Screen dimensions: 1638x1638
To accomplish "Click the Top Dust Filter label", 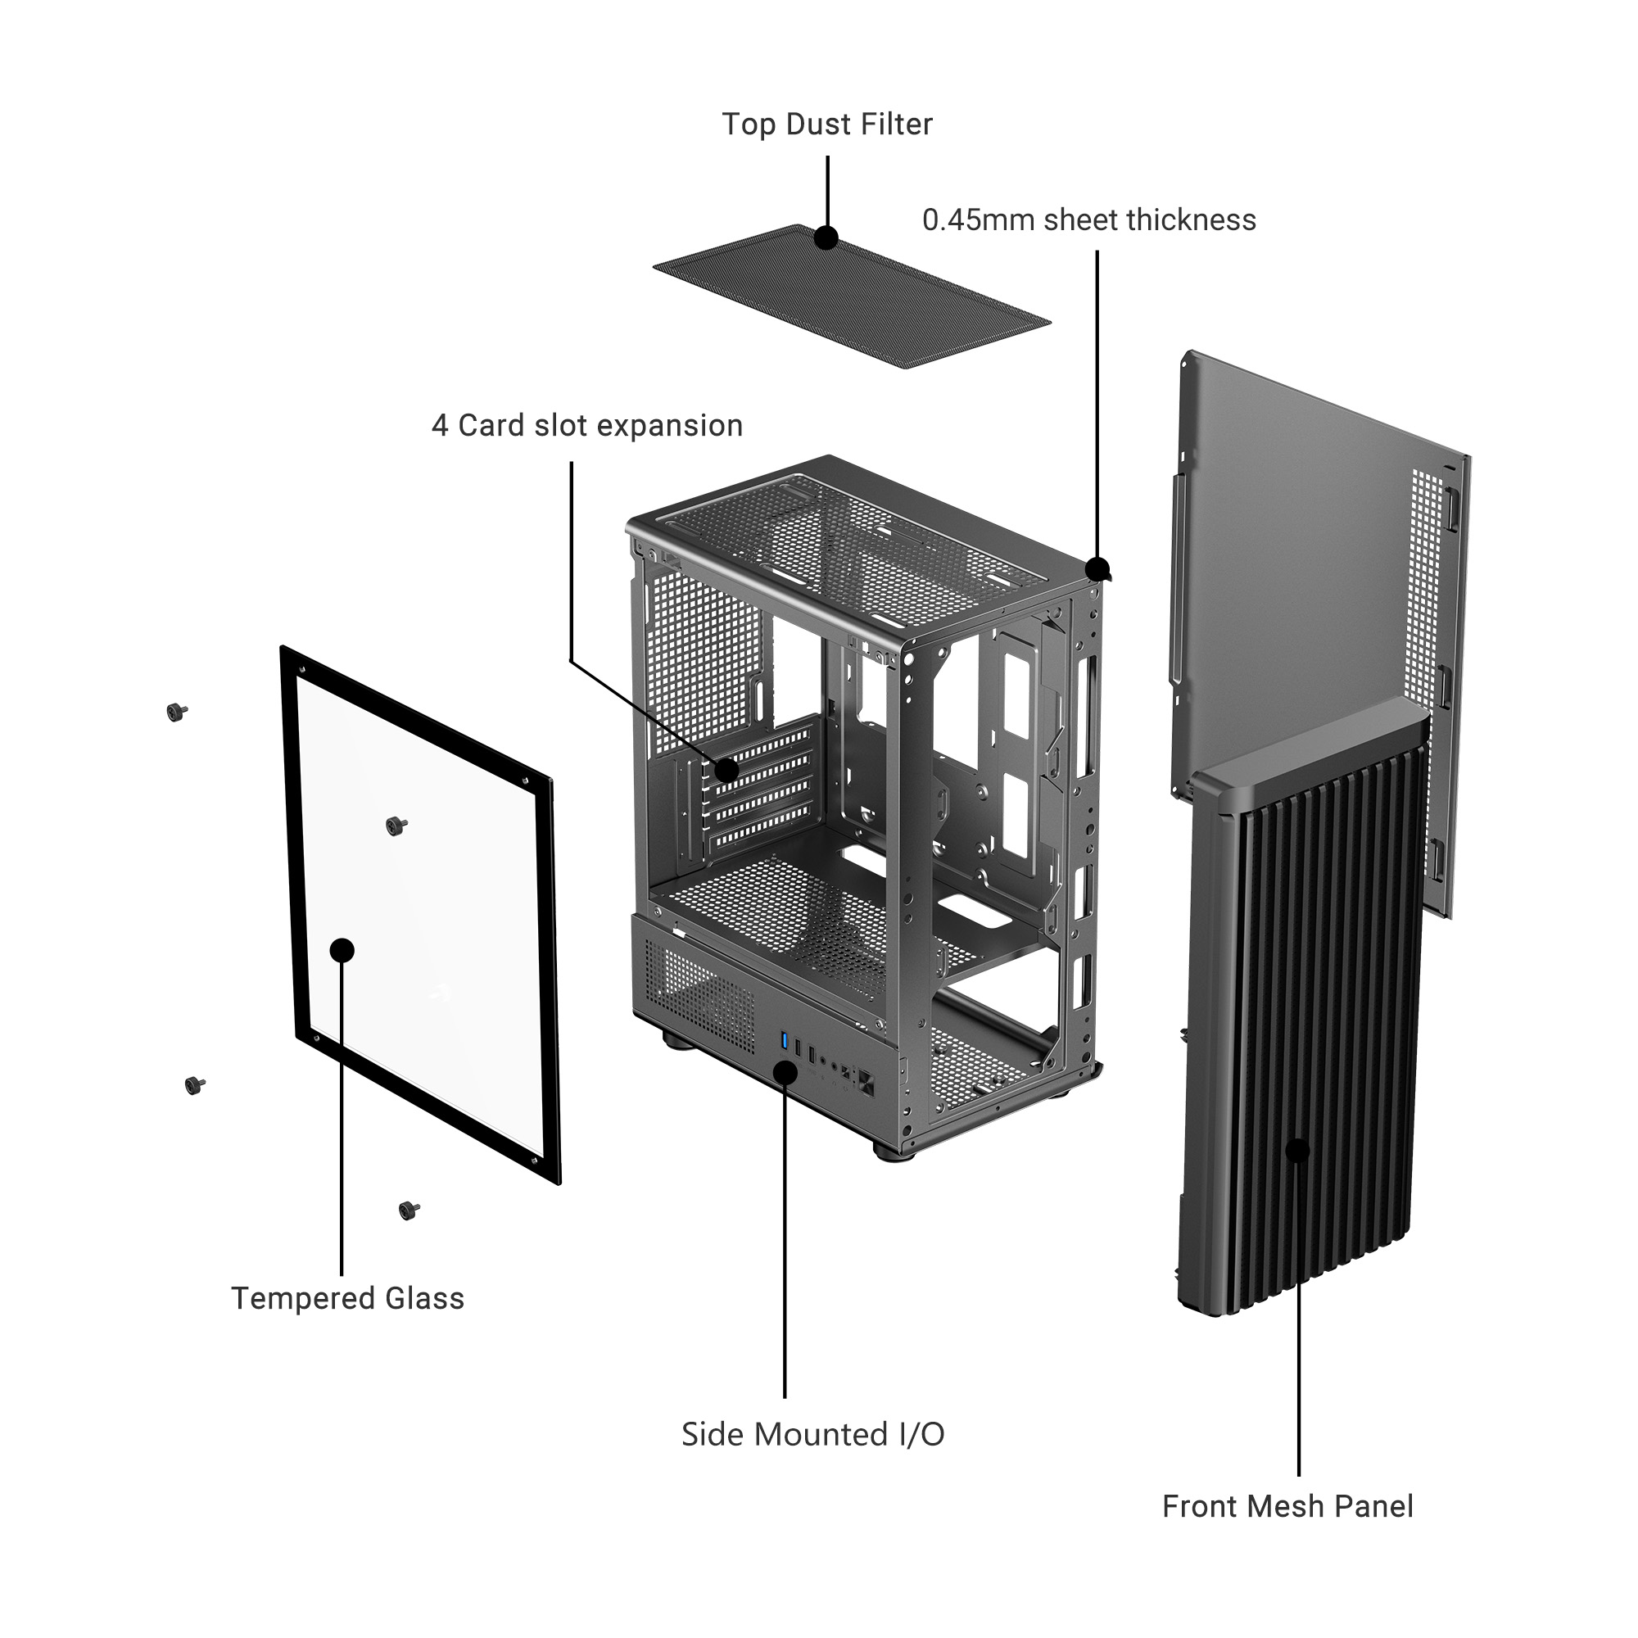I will point(826,124).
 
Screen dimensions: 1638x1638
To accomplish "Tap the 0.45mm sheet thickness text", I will point(1088,220).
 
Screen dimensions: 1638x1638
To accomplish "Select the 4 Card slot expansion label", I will point(586,426).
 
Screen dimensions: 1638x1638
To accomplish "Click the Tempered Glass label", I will point(347,1298).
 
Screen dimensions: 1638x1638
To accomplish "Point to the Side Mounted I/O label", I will point(812,1435).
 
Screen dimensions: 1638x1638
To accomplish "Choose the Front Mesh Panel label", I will point(1287,1507).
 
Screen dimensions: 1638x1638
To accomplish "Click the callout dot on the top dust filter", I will point(826,238).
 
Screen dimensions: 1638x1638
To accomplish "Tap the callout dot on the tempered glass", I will point(342,949).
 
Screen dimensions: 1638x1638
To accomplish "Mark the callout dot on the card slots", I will point(726,771).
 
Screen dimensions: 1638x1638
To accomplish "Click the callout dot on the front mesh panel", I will point(1298,1151).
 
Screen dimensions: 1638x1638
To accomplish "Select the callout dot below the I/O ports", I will point(785,1071).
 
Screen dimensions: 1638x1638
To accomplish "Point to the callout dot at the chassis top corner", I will point(1097,569).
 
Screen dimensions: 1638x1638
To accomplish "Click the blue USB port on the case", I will point(785,1041).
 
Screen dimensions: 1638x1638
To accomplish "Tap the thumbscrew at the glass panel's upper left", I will point(176,713).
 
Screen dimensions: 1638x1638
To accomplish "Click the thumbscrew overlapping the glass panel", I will point(395,826).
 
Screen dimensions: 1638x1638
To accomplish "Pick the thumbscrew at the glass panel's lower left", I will point(195,1085).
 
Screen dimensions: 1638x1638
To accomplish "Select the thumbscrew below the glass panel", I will point(409,1210).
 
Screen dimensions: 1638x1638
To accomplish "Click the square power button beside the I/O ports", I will point(867,1083).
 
